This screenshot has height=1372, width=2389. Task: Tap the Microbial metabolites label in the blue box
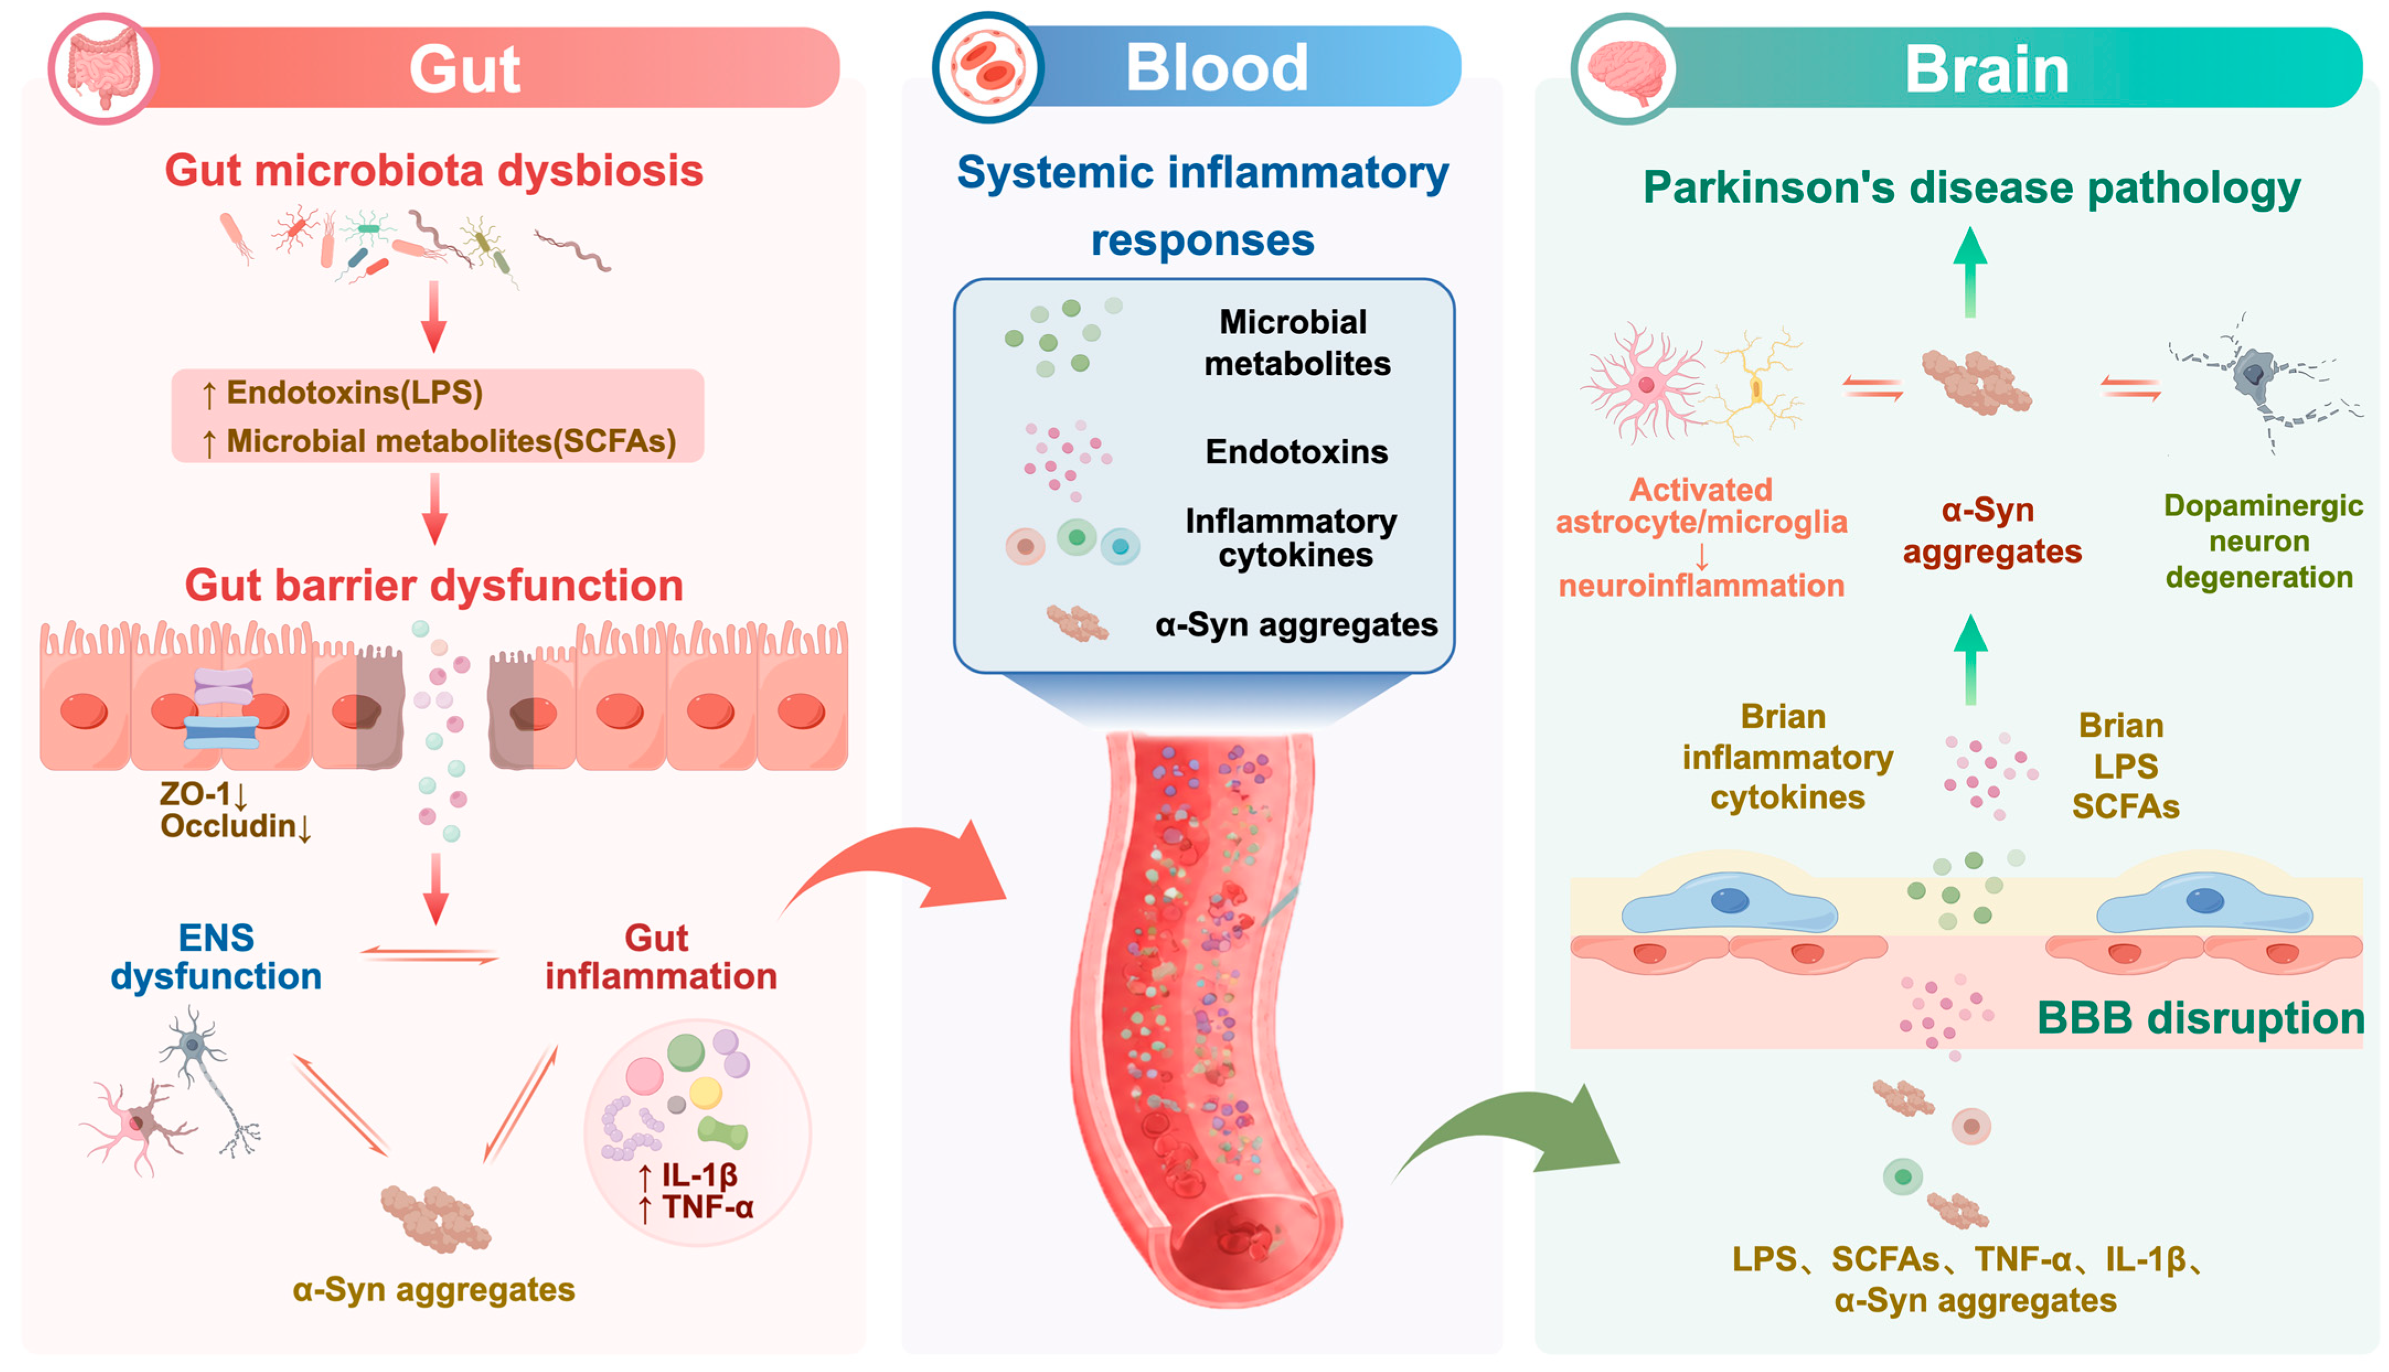pyautogui.click(x=1296, y=342)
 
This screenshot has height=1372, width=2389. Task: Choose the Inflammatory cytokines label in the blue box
pyautogui.click(x=1291, y=538)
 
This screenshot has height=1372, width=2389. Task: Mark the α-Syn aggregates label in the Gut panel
pyautogui.click(x=434, y=1289)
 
